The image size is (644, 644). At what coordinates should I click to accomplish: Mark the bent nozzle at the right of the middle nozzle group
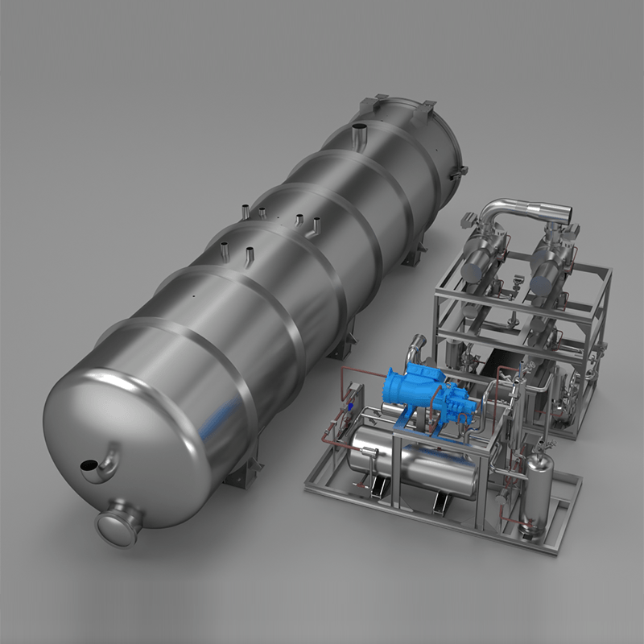tap(316, 225)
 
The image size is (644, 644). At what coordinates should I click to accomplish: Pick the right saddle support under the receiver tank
tap(439, 502)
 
